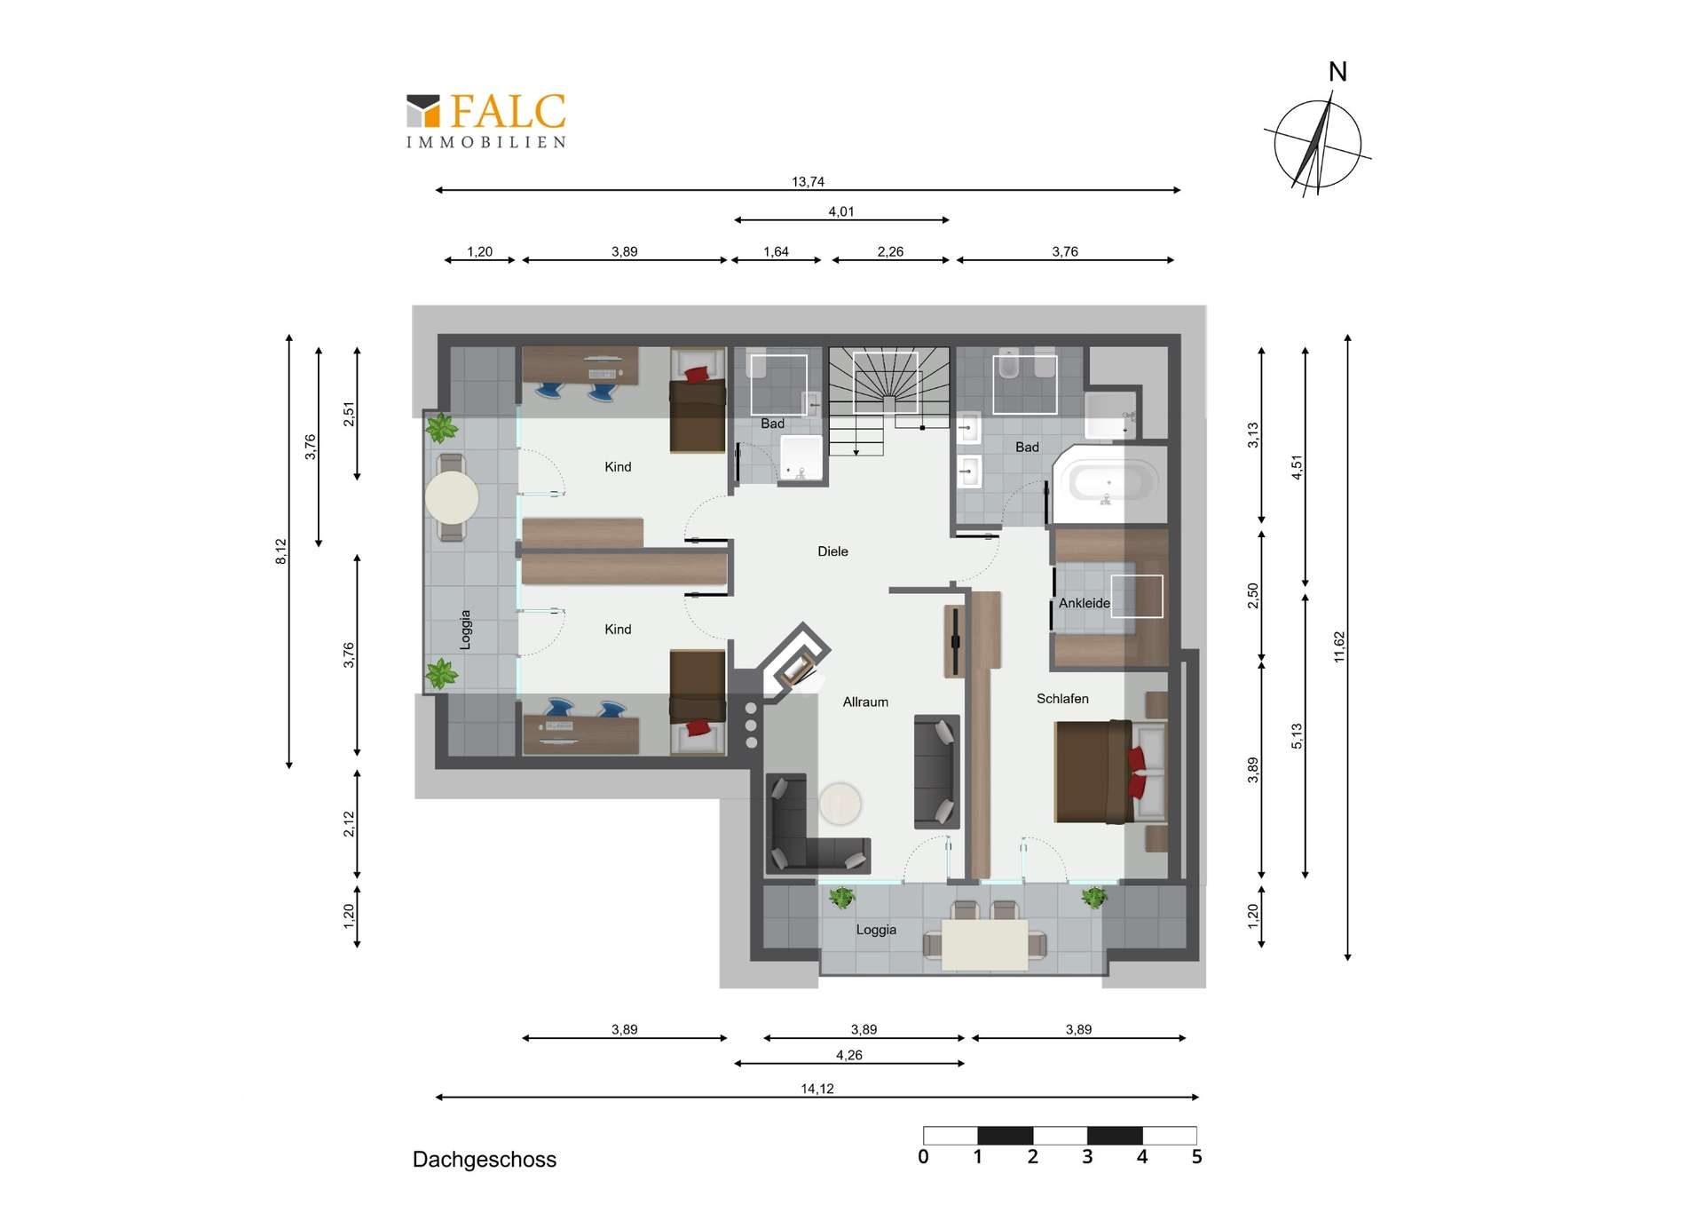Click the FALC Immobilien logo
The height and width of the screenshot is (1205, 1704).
coord(486,121)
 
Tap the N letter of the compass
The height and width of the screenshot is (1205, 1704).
coord(1337,72)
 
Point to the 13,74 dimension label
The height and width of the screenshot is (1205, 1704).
coord(808,181)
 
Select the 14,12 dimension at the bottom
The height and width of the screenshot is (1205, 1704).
coord(817,1089)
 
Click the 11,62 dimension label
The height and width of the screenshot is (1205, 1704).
coord(1339,646)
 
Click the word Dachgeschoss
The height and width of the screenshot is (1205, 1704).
coord(485,1160)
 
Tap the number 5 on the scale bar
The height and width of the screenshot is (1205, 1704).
coord(1196,1156)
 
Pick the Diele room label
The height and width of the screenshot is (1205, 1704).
coord(832,551)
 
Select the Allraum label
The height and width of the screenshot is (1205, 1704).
coord(865,702)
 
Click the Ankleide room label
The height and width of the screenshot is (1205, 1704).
coord(1084,603)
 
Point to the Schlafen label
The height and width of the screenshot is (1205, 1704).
coord(1062,699)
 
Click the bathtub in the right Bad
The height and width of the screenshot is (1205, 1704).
coord(1110,484)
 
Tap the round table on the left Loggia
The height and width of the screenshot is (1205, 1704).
coord(452,497)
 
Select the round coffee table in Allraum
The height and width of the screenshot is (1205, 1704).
coord(840,804)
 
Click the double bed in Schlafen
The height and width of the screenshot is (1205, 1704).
coord(1110,772)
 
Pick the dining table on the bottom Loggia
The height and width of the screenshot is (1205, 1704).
coord(984,945)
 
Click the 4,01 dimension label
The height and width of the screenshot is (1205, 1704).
coord(841,211)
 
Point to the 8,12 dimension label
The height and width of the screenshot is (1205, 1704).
coord(280,551)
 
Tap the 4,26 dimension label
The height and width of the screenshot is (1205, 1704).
coord(849,1055)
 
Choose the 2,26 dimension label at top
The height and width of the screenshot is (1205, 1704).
coord(890,251)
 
